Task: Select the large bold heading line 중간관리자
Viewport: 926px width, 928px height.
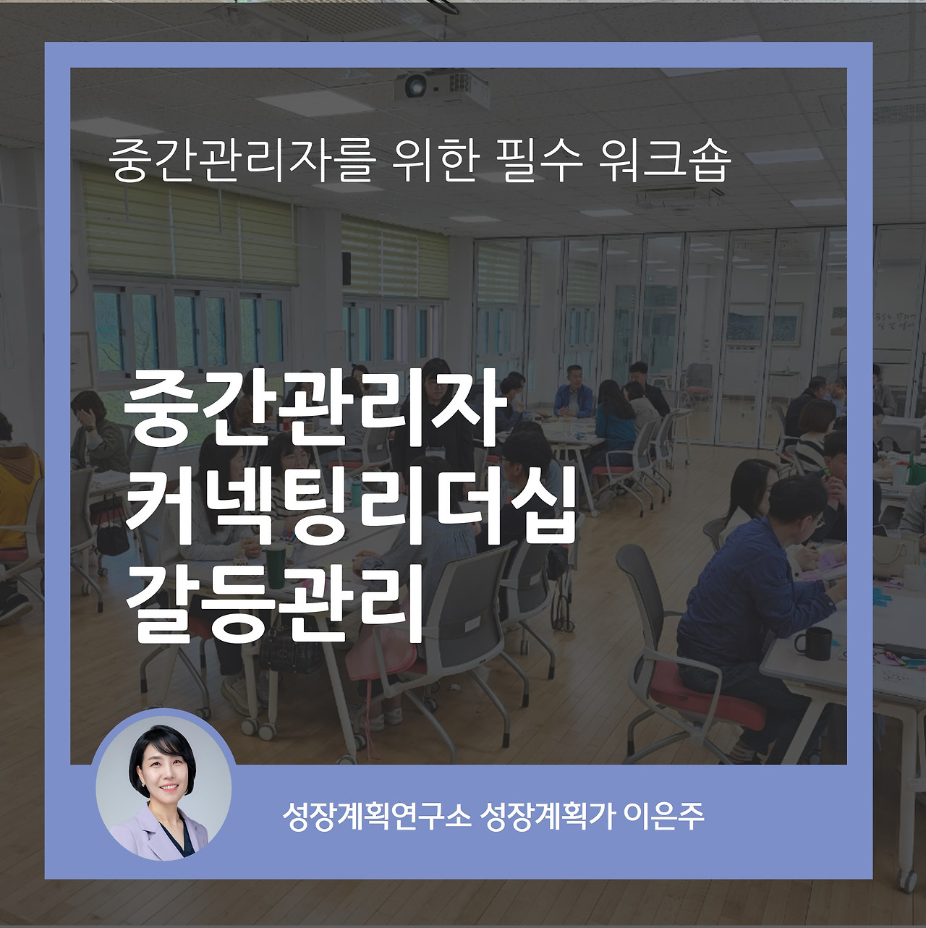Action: coord(315,409)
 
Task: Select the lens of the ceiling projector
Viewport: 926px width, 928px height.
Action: coord(415,87)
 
